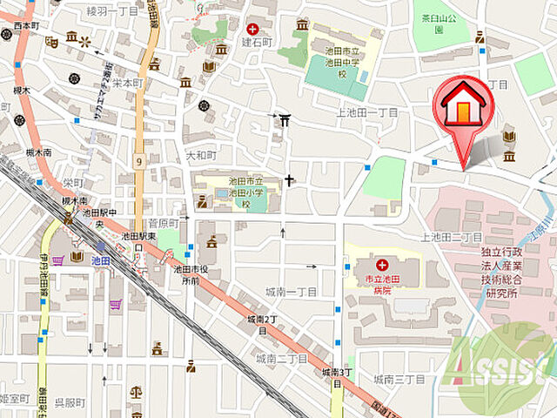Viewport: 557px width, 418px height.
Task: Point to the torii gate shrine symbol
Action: coord(285,118)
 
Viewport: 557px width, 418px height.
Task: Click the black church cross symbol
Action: coord(289,180)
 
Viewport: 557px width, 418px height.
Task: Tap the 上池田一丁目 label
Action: coord(366,113)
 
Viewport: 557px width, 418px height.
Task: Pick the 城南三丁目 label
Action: coord(399,380)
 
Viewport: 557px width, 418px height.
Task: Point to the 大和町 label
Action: coord(200,156)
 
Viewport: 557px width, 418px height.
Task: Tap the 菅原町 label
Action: coord(163,224)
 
